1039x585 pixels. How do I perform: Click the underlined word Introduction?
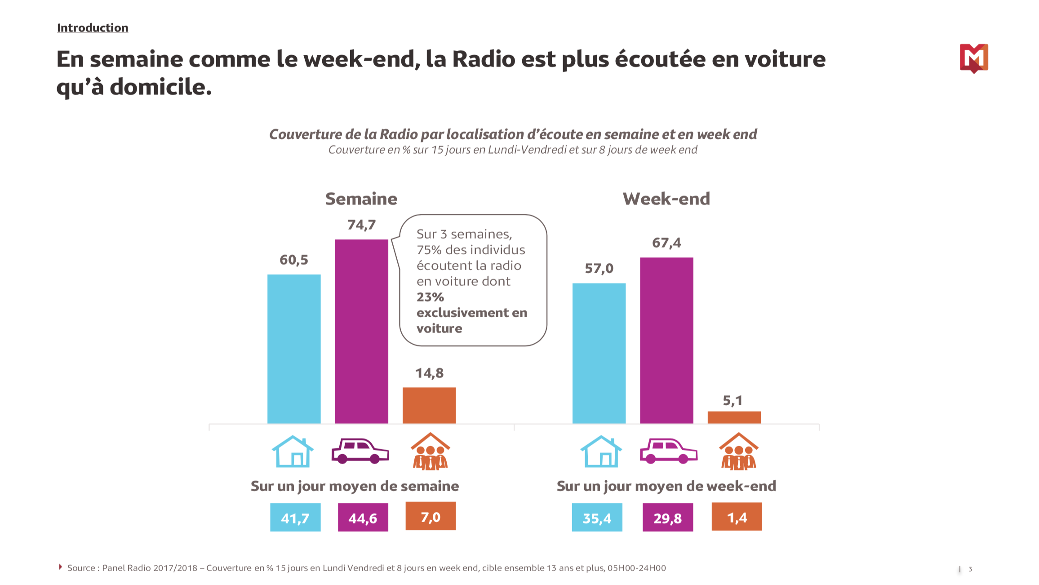click(x=93, y=28)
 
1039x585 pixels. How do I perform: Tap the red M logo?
click(x=973, y=58)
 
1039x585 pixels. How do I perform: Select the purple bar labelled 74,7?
click(x=361, y=331)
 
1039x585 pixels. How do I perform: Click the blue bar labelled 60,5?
click(x=294, y=349)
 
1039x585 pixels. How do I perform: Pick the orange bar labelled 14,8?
click(x=429, y=405)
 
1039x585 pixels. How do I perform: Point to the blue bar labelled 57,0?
click(x=599, y=353)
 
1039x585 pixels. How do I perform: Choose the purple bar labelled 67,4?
click(x=666, y=340)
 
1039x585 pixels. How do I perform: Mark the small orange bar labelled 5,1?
click(x=734, y=417)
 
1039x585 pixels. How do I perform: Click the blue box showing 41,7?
click(x=295, y=518)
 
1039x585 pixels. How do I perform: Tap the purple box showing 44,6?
click(x=363, y=518)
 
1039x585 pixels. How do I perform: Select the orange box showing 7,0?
click(x=431, y=516)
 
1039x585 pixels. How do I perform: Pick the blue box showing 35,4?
click(x=597, y=518)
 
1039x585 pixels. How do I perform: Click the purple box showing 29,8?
click(x=667, y=518)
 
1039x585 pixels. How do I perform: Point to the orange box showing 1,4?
click(x=737, y=517)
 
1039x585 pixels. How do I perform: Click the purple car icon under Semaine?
click(x=360, y=451)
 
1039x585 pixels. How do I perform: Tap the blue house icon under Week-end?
click(x=601, y=452)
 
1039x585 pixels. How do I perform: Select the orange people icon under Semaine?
click(x=430, y=452)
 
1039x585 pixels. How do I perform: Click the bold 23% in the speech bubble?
click(x=430, y=297)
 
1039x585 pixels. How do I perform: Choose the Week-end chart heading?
click(x=666, y=199)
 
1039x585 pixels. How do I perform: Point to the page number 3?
click(x=970, y=569)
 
